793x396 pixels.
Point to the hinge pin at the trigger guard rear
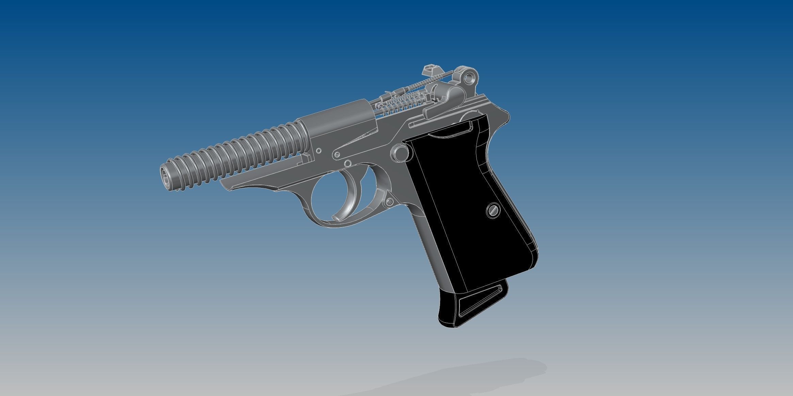pyautogui.click(x=389, y=202)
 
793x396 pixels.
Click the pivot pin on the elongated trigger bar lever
pyautogui.click(x=337, y=155)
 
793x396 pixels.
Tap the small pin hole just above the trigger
pyautogui.click(x=347, y=164)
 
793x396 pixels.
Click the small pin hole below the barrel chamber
pyautogui.click(x=319, y=150)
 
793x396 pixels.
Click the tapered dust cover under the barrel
pyautogui.click(x=259, y=180)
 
